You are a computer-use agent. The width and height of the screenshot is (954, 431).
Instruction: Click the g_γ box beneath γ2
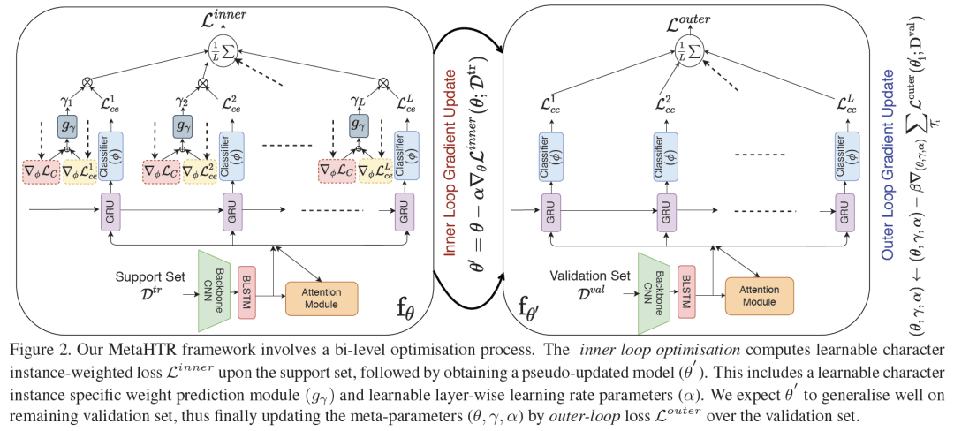point(182,125)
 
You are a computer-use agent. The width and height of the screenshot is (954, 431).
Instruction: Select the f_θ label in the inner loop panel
point(405,311)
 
